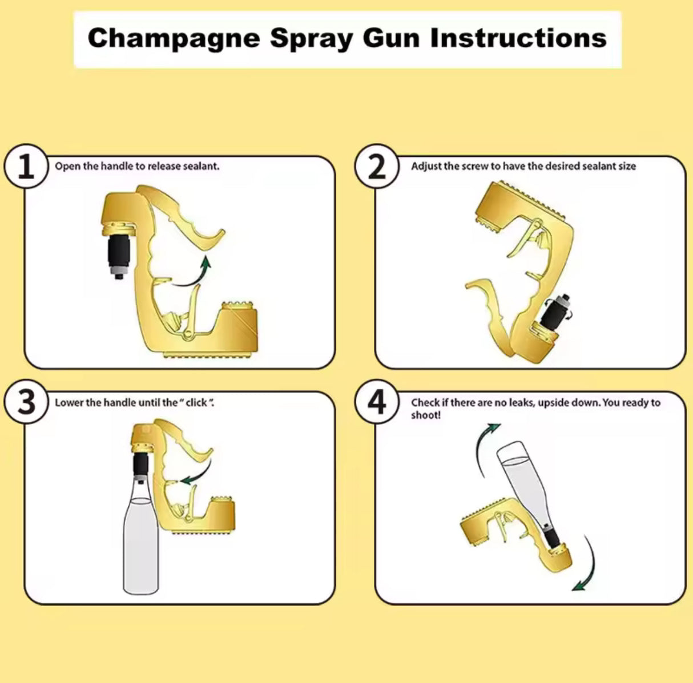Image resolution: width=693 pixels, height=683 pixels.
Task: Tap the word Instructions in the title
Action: tap(518, 38)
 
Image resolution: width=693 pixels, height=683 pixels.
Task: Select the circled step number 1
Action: tap(26, 167)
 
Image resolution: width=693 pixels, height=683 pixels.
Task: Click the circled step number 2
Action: tap(377, 167)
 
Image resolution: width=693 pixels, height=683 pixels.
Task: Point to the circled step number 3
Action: tap(26, 403)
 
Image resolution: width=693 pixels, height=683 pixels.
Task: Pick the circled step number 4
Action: tap(377, 403)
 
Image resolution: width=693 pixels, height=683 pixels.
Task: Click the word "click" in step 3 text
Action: tap(196, 403)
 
